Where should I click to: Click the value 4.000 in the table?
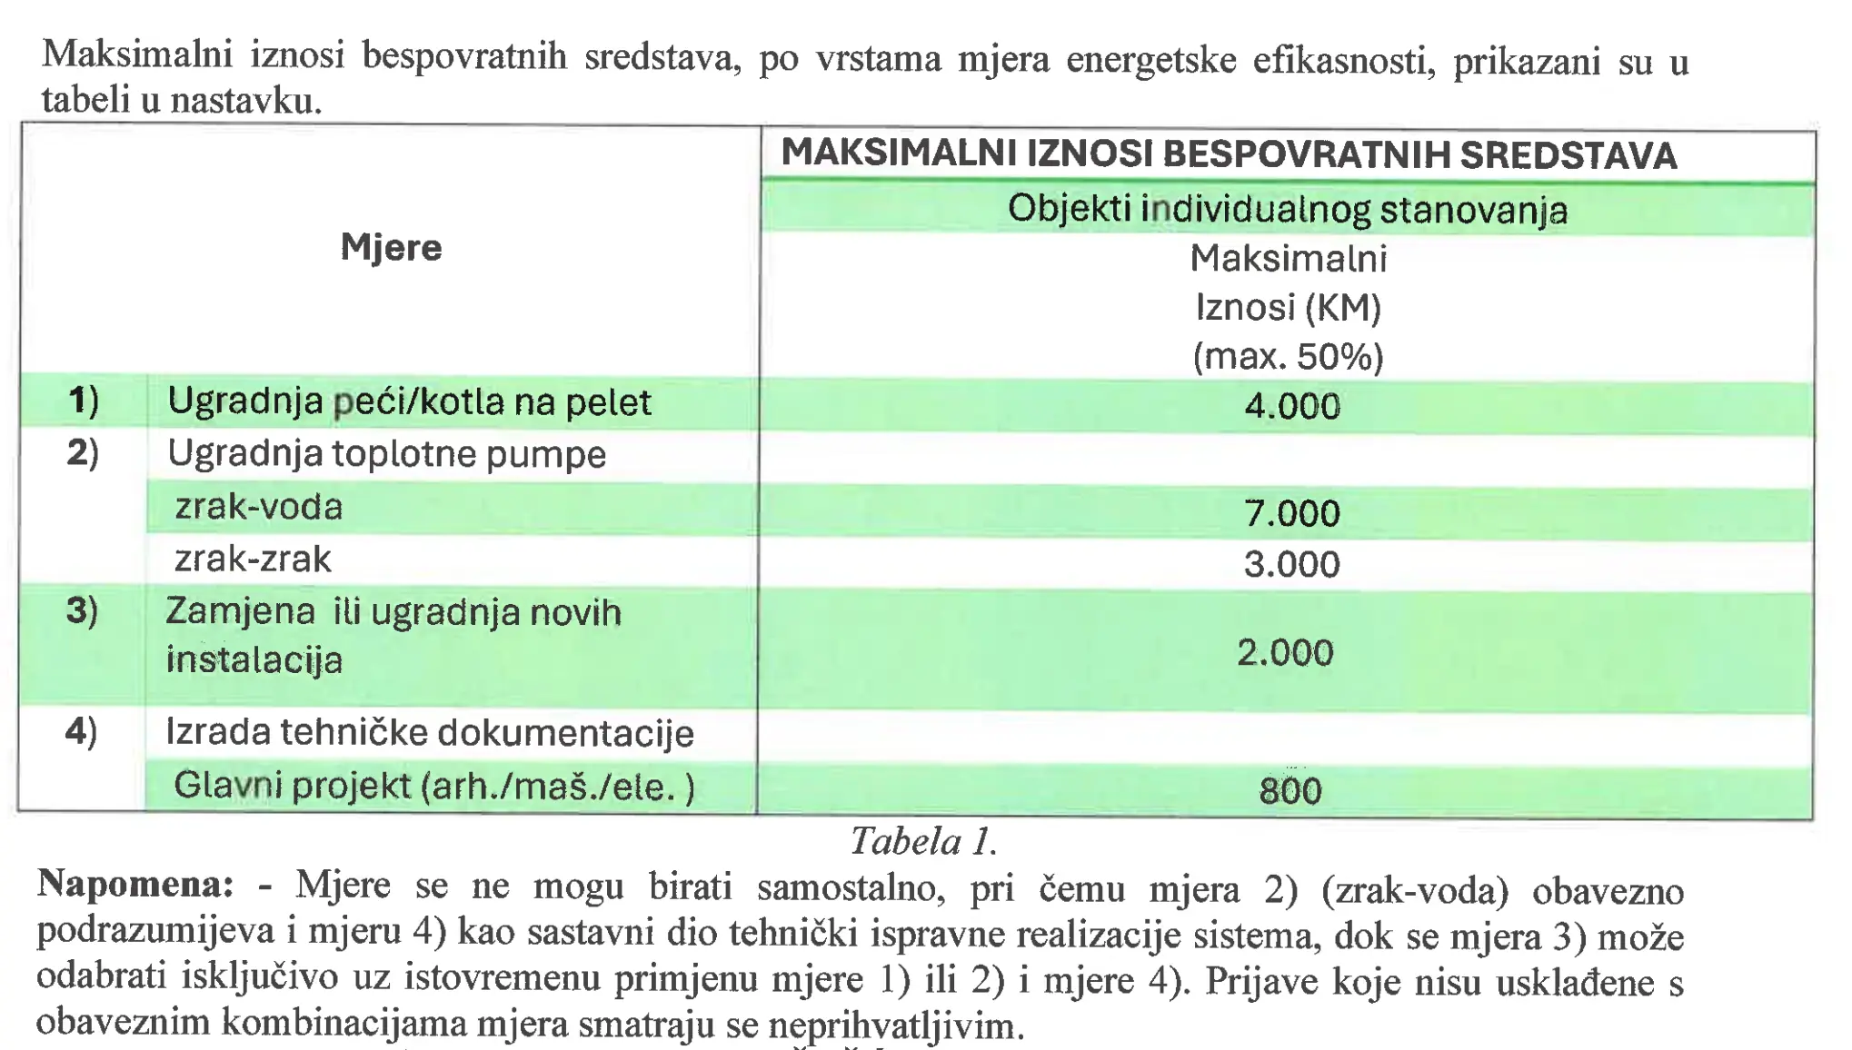click(x=1291, y=406)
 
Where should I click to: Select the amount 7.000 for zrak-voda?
click(x=1291, y=514)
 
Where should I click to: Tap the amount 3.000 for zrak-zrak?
click(x=1291, y=565)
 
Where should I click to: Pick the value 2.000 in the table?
click(x=1285, y=653)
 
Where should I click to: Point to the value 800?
click(x=1289, y=791)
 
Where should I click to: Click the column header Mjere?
click(x=391, y=248)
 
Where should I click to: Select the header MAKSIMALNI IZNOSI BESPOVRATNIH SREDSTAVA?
click(x=1229, y=155)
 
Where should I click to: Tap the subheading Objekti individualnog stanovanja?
click(x=1288, y=210)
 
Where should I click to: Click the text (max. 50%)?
click(x=1288, y=357)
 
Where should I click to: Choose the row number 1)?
click(x=84, y=401)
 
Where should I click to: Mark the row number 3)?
click(x=82, y=610)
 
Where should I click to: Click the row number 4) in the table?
click(x=81, y=731)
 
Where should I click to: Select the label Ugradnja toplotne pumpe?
click(x=386, y=454)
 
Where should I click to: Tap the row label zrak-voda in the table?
click(x=259, y=507)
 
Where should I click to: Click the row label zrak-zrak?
click(x=253, y=560)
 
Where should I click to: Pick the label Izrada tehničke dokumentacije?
click(x=429, y=733)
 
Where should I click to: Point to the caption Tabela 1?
click(x=923, y=842)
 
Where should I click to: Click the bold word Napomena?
click(x=134, y=884)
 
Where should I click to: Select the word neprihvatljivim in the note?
click(x=895, y=1026)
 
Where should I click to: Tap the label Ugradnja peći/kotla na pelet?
click(x=409, y=401)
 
